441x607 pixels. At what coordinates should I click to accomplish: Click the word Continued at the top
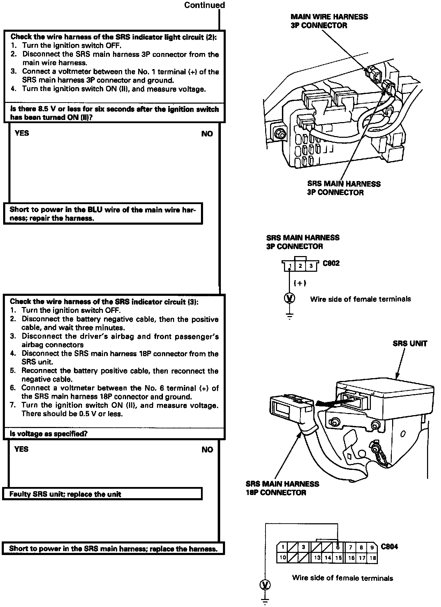[x=204, y=5]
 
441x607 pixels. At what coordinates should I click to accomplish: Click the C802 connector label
[x=331, y=263]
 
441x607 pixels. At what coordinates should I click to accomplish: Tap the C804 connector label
[x=389, y=547]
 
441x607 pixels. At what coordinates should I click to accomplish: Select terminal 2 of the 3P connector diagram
[x=300, y=266]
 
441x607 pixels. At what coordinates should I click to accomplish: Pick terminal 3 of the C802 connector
[x=311, y=266]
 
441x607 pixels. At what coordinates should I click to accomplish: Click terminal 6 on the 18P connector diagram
[x=338, y=547]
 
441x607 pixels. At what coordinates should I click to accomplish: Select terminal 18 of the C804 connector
[x=373, y=558]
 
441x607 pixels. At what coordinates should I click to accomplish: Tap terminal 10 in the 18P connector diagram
[x=283, y=557]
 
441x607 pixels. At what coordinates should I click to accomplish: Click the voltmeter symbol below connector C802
[x=290, y=298]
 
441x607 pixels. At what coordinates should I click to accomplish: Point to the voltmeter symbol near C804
[x=266, y=584]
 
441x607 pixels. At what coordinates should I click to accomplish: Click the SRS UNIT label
[x=410, y=343]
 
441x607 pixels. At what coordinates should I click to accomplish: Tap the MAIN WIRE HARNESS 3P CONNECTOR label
[x=329, y=21]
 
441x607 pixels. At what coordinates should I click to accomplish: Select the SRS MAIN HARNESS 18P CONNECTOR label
[x=282, y=488]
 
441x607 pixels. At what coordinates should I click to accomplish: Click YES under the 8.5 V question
[x=22, y=133]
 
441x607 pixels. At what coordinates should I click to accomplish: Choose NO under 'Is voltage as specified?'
[x=207, y=450]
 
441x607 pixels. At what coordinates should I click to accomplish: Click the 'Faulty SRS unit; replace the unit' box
[x=102, y=494]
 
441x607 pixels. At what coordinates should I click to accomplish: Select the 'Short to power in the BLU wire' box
[x=103, y=214]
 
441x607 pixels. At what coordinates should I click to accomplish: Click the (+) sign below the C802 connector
[x=300, y=283]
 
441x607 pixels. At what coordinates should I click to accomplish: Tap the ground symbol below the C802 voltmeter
[x=290, y=316]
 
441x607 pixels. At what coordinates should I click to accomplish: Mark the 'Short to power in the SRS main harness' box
[x=113, y=548]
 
